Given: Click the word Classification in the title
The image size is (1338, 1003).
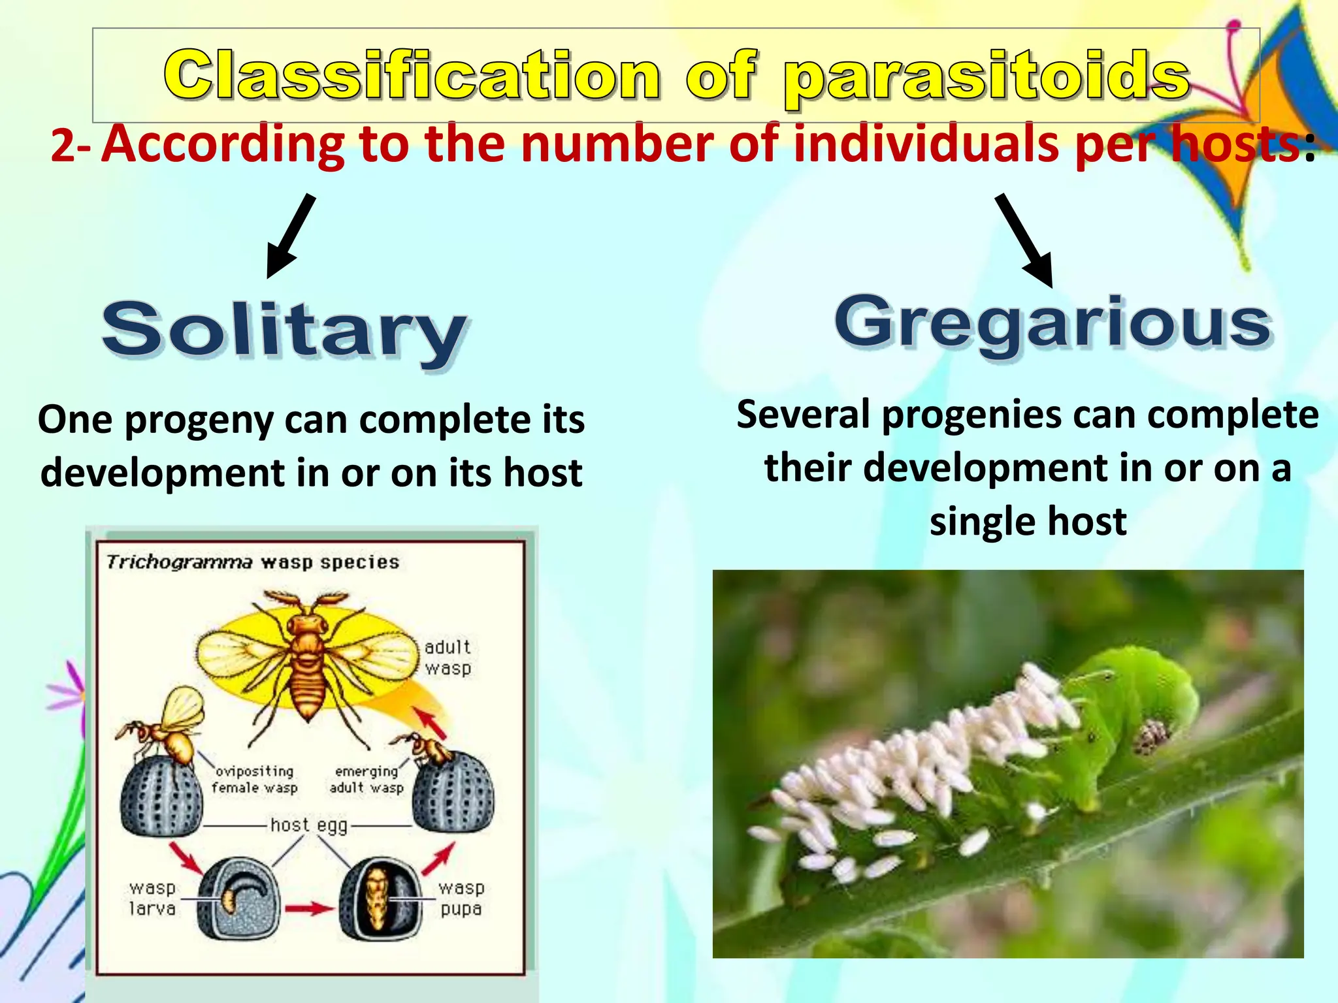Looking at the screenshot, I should pos(412,76).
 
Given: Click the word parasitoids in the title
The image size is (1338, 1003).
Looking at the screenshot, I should pos(987,78).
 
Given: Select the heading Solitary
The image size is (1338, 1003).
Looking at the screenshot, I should pos(284,331).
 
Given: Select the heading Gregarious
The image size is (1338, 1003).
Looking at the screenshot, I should pos(1053,323).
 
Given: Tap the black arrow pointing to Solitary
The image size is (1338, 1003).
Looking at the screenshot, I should pos(291,236).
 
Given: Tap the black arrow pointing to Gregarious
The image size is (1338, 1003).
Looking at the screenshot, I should pos(1024,240).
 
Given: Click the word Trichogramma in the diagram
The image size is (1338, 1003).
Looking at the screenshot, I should pos(179,562).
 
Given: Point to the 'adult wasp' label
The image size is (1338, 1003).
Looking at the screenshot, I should pos(448,658).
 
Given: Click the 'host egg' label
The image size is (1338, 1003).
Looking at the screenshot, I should pos(308,825).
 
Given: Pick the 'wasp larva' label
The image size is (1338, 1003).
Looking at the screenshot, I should pos(152,899).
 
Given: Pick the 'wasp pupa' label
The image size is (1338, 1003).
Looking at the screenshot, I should pos(461,899).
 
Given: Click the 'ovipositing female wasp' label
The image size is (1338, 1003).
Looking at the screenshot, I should pos(254,780).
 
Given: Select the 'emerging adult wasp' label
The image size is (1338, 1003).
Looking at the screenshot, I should pos(367,780).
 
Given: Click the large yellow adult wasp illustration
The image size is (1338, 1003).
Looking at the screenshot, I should pos(307,660).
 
